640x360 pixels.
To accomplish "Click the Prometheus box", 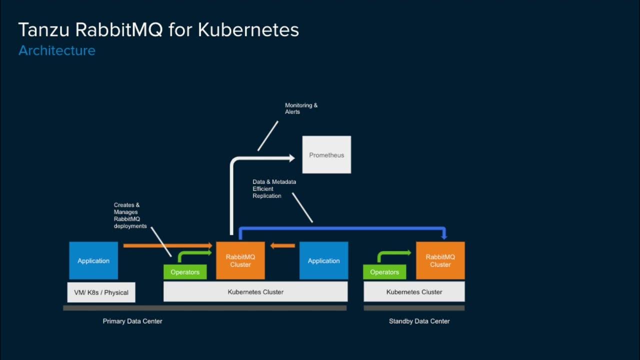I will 326,155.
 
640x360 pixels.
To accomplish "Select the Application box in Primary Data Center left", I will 93,260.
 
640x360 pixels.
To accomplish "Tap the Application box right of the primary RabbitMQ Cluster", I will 323,260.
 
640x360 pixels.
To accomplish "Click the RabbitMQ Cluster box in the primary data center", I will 240,260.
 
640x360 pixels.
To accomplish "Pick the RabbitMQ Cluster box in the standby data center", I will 440,260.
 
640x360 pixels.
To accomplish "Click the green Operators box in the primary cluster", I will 185,272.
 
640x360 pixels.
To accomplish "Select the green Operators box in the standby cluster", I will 384,272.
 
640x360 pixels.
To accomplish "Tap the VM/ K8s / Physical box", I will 101,292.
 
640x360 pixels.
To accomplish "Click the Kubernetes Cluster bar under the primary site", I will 255,292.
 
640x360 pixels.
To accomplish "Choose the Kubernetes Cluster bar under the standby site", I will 414,292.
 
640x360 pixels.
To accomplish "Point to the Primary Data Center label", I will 132,321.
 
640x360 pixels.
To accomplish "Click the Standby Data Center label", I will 419,321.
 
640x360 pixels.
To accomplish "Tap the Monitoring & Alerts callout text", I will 301,108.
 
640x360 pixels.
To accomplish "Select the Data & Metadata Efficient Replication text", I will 274,189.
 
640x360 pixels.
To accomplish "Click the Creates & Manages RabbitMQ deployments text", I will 130,215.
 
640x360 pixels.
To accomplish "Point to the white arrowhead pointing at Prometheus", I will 291,158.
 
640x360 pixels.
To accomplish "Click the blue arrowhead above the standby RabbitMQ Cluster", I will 443,236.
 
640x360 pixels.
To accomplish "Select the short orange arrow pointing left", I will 282,245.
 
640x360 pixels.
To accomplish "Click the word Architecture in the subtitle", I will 57,50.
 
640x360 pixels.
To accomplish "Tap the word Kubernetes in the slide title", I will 248,30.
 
